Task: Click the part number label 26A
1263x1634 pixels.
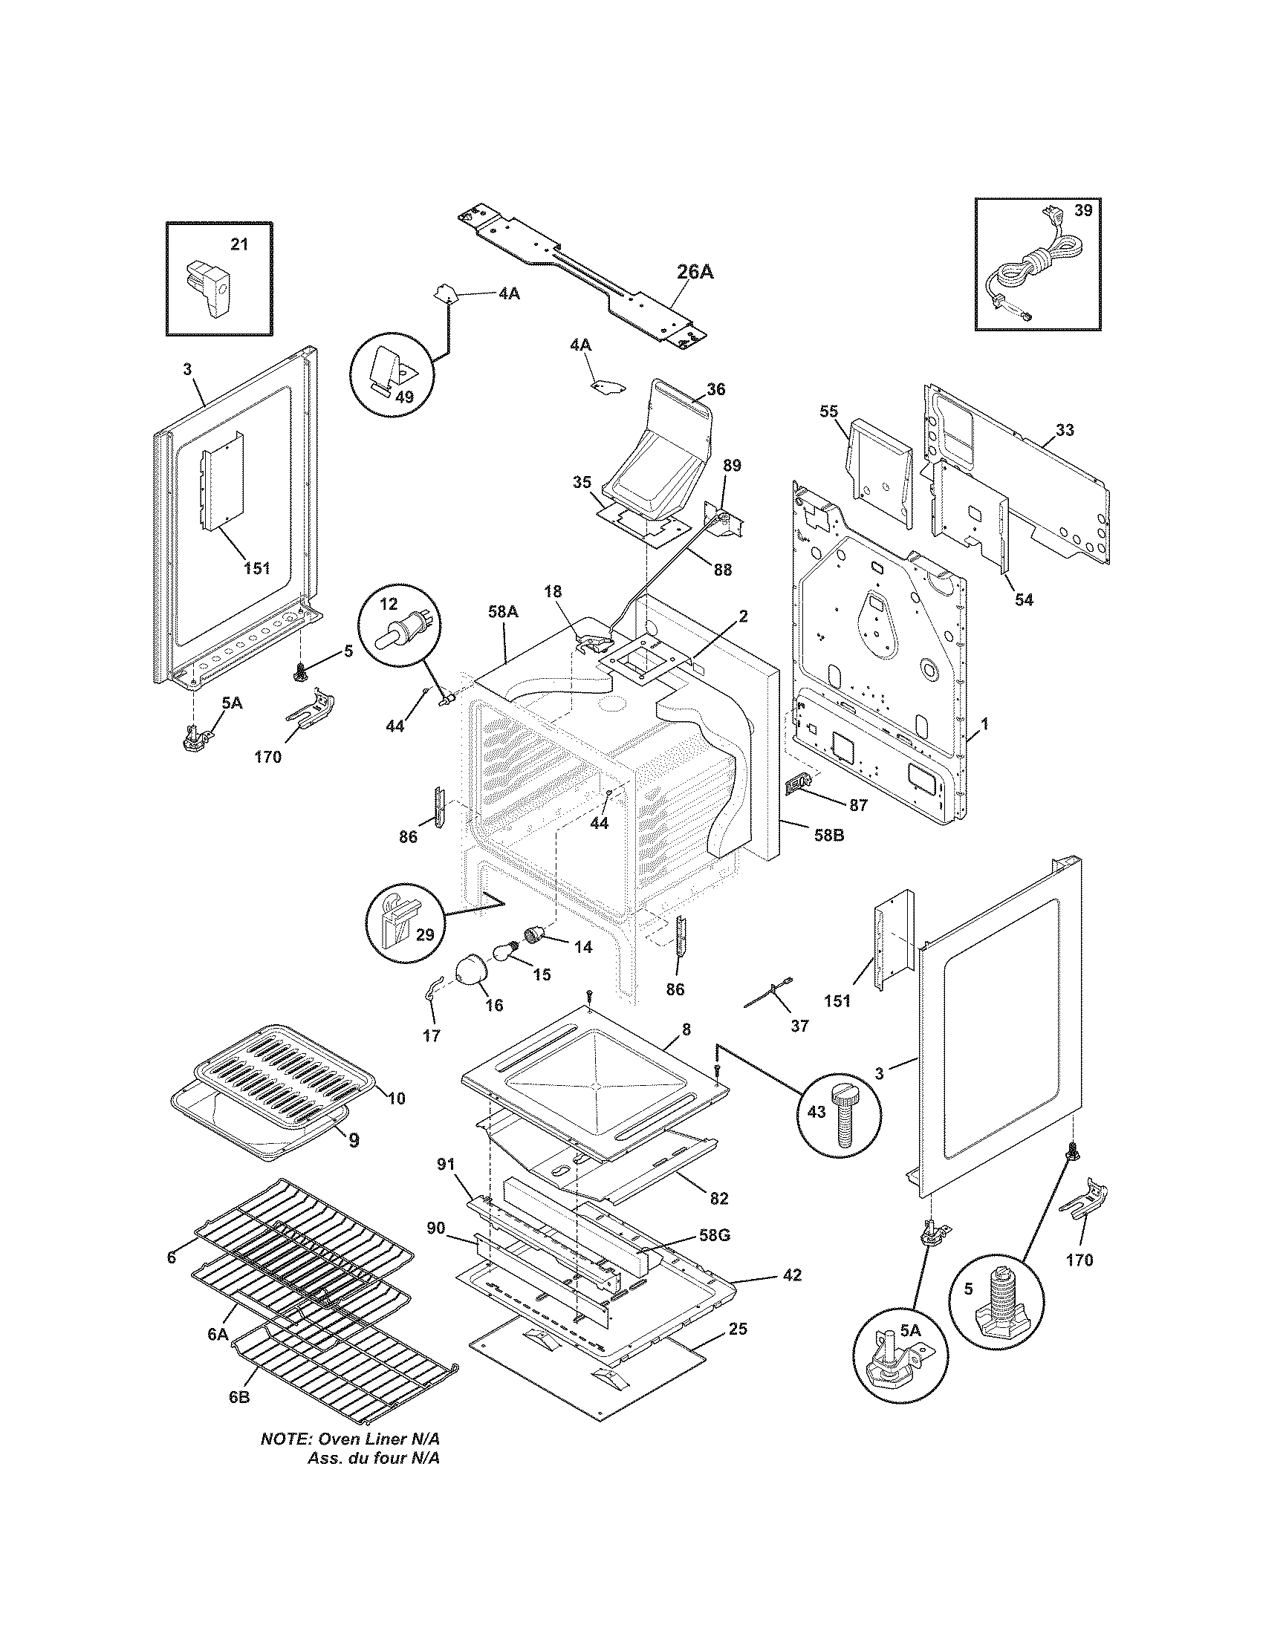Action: coord(695,272)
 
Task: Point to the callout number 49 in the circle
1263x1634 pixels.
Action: coord(404,397)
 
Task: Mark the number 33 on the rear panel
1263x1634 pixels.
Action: coord(1065,430)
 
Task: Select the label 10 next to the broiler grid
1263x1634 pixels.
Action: coord(396,1098)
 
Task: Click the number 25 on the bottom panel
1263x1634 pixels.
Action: coord(737,1329)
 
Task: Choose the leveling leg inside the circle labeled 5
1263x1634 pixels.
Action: coord(996,1290)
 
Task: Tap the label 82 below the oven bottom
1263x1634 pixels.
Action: coord(718,1198)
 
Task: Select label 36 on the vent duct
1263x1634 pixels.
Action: coord(715,389)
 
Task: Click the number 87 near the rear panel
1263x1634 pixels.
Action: coord(857,805)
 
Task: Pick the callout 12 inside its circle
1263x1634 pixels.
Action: coord(390,603)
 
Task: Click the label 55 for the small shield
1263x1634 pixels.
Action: coord(828,411)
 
